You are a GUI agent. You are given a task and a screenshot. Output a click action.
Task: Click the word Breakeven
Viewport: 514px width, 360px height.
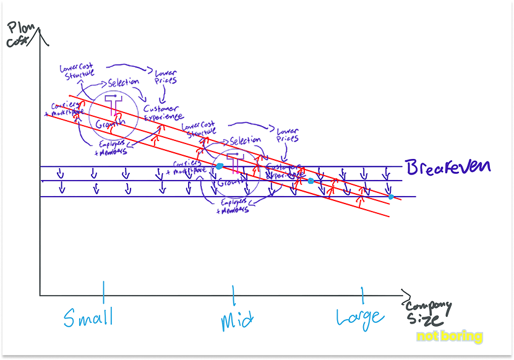448,167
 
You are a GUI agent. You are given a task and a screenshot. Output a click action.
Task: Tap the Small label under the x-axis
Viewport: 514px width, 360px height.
88,317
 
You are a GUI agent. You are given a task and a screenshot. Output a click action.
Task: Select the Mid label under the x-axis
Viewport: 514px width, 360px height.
238,321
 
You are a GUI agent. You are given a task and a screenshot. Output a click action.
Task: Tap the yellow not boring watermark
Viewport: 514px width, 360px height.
449,336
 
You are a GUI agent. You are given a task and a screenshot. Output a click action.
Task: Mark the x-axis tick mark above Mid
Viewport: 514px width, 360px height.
234,294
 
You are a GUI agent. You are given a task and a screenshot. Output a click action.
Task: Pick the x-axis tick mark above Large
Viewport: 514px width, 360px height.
362,293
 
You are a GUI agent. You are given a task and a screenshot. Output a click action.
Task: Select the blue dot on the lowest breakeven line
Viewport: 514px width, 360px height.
391,197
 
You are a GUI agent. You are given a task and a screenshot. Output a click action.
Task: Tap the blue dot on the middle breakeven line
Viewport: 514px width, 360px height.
311,181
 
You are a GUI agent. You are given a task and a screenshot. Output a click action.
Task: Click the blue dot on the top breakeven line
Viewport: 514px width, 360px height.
219,166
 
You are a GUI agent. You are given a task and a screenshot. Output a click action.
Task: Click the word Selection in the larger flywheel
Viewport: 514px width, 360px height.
124,82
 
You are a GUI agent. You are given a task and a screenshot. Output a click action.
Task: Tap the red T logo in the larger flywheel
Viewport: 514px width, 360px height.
113,102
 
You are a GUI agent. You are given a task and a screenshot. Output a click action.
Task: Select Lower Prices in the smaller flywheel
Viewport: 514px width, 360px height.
288,135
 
